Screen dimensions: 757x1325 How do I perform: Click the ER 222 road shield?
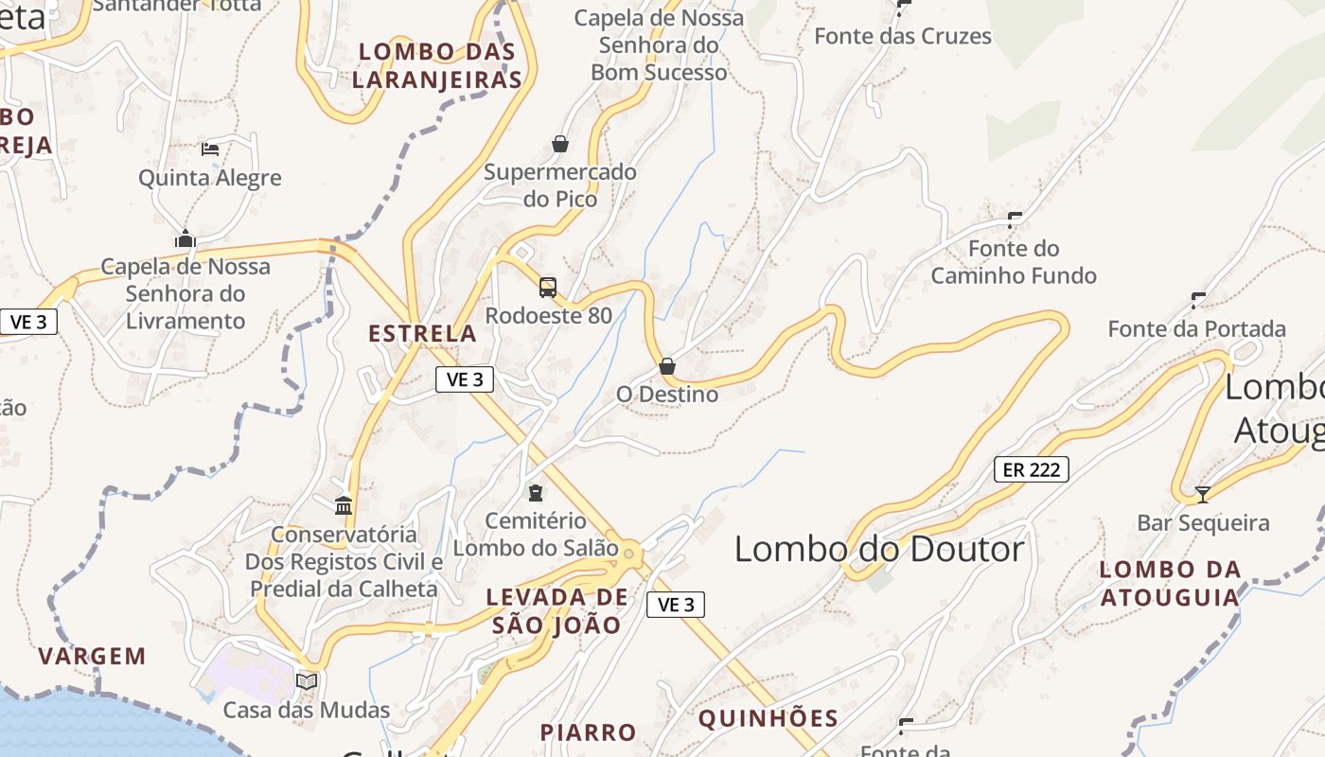tap(1031, 468)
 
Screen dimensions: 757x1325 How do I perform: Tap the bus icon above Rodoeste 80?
tap(548, 287)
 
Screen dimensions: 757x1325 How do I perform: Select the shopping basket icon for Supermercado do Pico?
tap(560, 144)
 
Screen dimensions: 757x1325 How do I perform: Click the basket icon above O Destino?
tap(667, 365)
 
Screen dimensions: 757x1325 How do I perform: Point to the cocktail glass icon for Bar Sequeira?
tap(1203, 494)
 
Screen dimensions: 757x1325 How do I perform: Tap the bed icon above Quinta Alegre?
tap(210, 149)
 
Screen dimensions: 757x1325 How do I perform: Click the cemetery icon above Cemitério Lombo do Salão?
tap(536, 492)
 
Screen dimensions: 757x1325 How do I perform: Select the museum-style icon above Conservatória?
tap(344, 506)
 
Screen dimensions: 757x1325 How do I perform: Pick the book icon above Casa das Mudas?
tap(307, 681)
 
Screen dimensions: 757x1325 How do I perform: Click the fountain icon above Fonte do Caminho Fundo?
tap(1015, 220)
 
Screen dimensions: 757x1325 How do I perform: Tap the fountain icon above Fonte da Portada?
tap(1198, 301)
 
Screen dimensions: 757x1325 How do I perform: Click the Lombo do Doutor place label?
tap(879, 549)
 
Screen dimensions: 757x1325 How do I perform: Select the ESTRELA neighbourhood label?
tap(422, 333)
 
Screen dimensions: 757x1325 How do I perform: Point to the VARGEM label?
tap(93, 656)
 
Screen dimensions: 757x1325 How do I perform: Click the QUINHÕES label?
tap(768, 718)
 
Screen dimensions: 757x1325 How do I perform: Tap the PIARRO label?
tap(588, 732)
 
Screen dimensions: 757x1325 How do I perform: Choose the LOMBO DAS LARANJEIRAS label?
tap(437, 65)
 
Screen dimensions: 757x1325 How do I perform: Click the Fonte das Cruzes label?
tap(903, 36)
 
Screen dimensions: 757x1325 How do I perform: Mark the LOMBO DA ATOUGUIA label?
tap(1170, 583)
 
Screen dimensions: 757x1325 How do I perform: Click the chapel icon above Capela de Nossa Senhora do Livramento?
tap(185, 238)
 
